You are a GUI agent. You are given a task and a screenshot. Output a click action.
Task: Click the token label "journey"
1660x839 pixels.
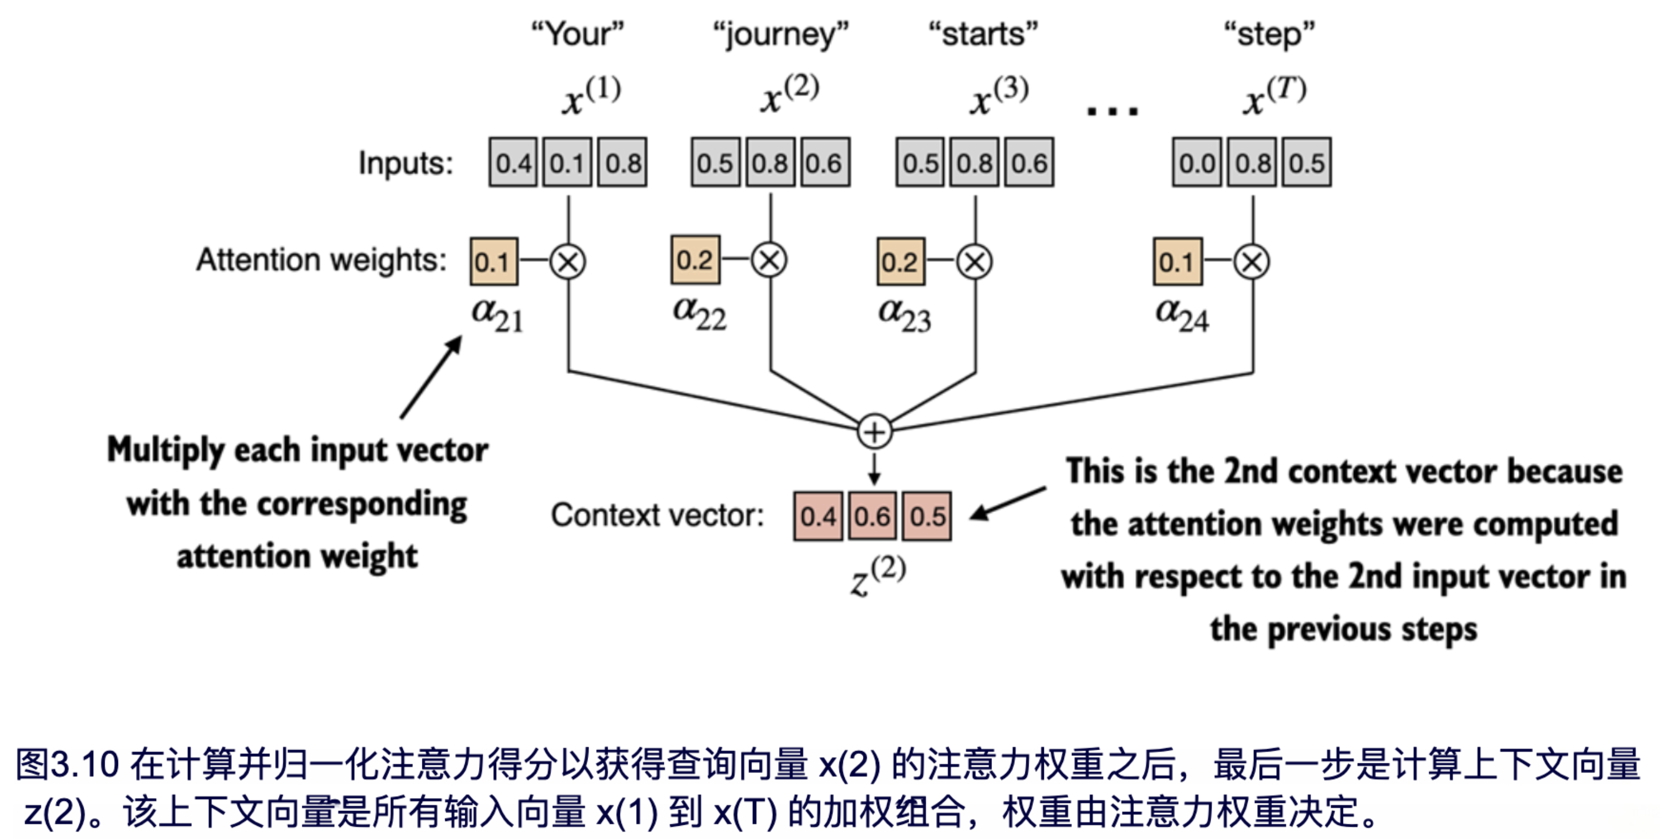click(780, 34)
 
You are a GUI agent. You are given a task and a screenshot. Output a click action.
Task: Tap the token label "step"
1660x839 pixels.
click(1269, 34)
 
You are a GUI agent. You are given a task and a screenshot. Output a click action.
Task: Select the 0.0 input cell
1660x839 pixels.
click(1196, 162)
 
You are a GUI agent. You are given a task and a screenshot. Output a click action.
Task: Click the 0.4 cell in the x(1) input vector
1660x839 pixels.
click(513, 162)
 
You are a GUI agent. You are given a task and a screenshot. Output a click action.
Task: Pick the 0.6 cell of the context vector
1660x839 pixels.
click(872, 516)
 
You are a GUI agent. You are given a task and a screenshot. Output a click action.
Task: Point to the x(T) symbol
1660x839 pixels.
click(1274, 95)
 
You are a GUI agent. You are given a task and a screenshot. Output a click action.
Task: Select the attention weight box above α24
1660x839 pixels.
click(1177, 261)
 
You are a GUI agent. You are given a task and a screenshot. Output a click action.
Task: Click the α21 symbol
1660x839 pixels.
click(497, 315)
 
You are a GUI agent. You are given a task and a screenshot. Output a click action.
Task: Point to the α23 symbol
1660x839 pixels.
click(904, 315)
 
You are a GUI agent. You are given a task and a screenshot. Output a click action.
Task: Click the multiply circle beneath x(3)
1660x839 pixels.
click(975, 261)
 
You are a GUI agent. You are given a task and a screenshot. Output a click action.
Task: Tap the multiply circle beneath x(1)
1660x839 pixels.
click(568, 261)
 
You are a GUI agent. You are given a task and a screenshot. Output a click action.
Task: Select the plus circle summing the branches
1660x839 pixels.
click(874, 432)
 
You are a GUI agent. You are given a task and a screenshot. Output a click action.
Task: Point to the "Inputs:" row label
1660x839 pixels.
click(405, 162)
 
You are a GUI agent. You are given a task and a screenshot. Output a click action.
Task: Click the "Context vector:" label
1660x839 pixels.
click(657, 515)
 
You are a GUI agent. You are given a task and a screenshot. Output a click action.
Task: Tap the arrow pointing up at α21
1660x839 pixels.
click(430, 377)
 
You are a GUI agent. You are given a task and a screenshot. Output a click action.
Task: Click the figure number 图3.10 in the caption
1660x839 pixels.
click(68, 764)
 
